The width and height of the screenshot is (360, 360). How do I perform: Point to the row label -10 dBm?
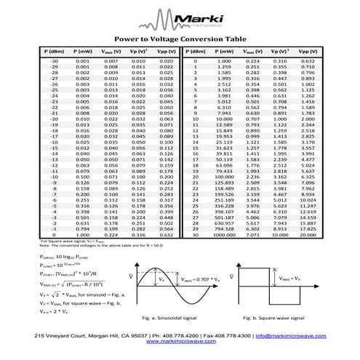click(54, 177)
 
